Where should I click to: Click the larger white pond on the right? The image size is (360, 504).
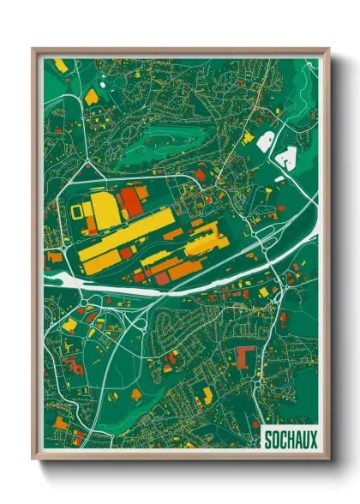[x=286, y=155]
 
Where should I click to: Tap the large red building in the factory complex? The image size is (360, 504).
[x=131, y=203]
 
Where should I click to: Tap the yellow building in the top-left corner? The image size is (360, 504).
[x=61, y=65]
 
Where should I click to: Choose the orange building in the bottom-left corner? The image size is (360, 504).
[x=78, y=436]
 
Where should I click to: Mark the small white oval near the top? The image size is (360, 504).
[x=103, y=84]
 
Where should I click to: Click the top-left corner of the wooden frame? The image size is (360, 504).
[x=34, y=50]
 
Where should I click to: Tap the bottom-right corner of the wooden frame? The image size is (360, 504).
[x=328, y=459]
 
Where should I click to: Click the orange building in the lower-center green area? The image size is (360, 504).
[x=137, y=393]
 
